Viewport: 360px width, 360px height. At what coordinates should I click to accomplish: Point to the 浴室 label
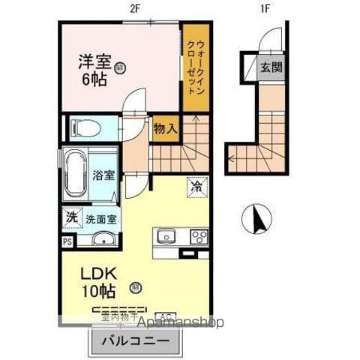click(103, 175)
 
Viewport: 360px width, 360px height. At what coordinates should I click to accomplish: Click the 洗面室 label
click(100, 220)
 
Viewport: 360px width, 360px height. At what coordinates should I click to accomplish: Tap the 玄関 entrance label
click(271, 67)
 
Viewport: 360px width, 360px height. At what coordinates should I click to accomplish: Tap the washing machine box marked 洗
click(70, 217)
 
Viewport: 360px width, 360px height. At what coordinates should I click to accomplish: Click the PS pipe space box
click(67, 242)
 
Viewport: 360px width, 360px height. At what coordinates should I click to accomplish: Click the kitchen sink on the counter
click(166, 237)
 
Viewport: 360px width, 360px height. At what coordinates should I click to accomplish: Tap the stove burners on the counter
click(199, 237)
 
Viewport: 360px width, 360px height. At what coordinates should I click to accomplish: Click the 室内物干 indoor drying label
click(118, 317)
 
